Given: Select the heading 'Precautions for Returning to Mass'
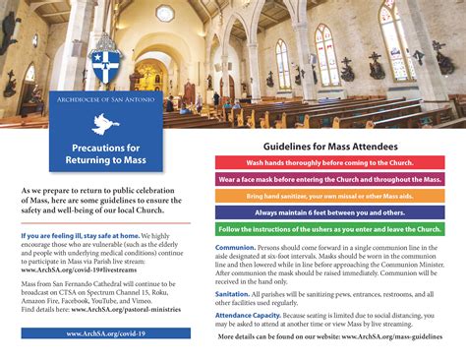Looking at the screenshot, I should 105,152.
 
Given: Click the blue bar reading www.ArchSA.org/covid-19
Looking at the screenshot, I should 105,333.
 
